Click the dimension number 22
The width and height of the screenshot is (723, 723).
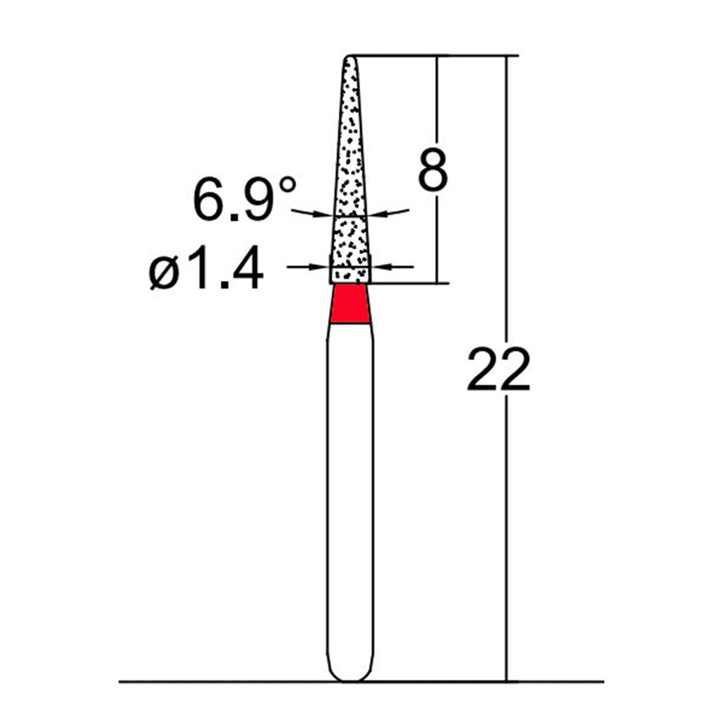(498, 370)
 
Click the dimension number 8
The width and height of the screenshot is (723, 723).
(432, 169)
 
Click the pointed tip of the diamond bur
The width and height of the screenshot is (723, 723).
(349, 57)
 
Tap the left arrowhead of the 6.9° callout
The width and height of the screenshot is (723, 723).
(325, 215)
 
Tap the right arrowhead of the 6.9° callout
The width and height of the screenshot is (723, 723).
(376, 213)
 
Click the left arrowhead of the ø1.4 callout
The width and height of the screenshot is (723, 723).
(320, 266)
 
